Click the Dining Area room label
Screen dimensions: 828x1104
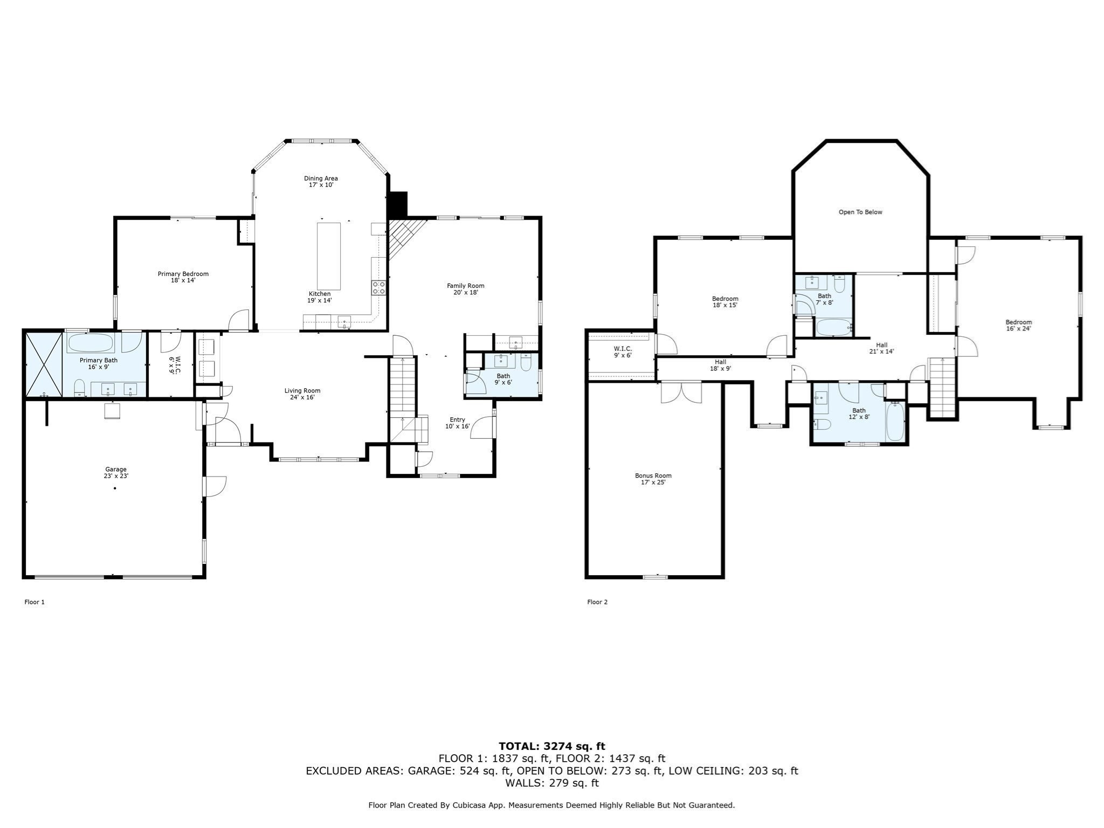[x=321, y=182]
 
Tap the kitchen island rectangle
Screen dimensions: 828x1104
[x=328, y=256]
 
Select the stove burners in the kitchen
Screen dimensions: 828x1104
[x=378, y=287]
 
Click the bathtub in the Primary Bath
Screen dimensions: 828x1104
[x=90, y=342]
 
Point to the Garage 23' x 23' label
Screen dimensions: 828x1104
[x=116, y=473]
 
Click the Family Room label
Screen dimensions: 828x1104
[x=465, y=289]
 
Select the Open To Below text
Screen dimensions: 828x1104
[x=860, y=212]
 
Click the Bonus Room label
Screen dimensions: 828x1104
[x=653, y=479]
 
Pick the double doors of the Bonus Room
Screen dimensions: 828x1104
[x=681, y=392]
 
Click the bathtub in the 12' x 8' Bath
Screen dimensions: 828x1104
[x=895, y=421]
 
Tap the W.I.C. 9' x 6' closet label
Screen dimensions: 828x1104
[x=622, y=352]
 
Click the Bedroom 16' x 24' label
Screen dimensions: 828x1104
[x=1018, y=326]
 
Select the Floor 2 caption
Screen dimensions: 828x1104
[x=597, y=602]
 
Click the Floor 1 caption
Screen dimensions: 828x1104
[x=34, y=602]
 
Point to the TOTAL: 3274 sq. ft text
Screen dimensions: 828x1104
[x=551, y=746]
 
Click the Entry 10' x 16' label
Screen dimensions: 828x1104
[x=457, y=423]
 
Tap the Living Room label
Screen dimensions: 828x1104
[x=302, y=394]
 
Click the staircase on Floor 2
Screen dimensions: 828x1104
[x=942, y=388]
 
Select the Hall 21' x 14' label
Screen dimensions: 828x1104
[x=881, y=348]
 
